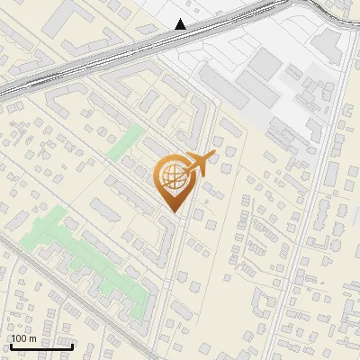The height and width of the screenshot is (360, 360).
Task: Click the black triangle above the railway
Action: coord(181,24)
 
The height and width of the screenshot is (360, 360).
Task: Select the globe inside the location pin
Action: coord(171,177)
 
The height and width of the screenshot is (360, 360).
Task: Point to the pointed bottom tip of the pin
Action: coord(175,213)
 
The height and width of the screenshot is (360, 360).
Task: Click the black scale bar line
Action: coord(40,346)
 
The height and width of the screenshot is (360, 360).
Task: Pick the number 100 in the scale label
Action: coord(20,338)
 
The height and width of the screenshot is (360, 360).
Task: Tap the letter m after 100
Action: coord(32,339)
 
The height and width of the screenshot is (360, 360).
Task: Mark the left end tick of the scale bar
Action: coord(10,344)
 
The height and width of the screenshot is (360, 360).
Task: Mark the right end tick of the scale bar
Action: coord(72,344)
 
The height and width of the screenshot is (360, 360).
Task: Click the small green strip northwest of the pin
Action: coord(124,144)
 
